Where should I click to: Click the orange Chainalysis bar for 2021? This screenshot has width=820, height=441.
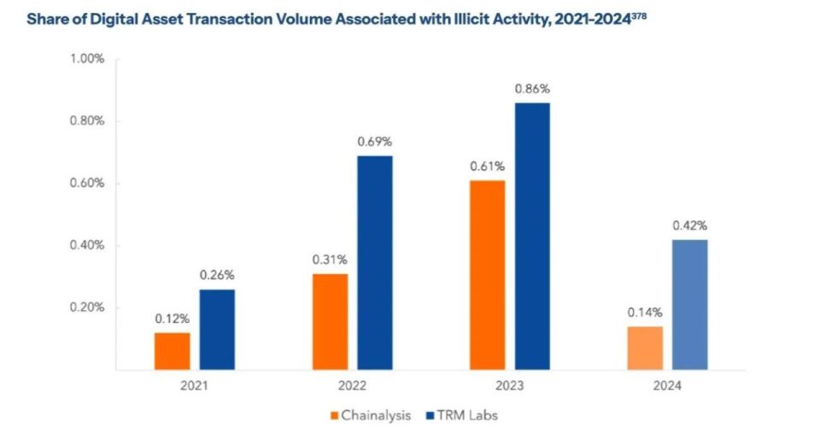(173, 351)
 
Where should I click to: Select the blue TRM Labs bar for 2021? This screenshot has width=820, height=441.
(217, 330)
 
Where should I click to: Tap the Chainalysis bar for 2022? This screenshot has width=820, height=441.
(330, 322)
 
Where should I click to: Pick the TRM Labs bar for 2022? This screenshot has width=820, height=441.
(375, 262)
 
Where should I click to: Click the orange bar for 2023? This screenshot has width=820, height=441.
(487, 275)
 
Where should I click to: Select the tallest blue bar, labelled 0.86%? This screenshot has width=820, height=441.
(532, 236)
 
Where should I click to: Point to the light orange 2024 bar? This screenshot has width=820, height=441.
(645, 349)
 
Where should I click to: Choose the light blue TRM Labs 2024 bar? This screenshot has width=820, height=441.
(690, 305)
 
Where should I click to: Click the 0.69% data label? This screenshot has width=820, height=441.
(375, 142)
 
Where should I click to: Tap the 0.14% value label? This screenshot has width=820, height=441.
(645, 313)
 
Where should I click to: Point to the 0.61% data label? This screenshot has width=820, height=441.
(487, 166)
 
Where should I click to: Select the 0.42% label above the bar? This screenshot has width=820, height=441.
(690, 226)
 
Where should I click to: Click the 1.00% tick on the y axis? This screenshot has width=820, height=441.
(86, 59)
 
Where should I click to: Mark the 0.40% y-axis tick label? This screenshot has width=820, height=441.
(86, 246)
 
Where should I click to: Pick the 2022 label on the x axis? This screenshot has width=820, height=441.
(352, 386)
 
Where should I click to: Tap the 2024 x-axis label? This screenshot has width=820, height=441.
(667, 386)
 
